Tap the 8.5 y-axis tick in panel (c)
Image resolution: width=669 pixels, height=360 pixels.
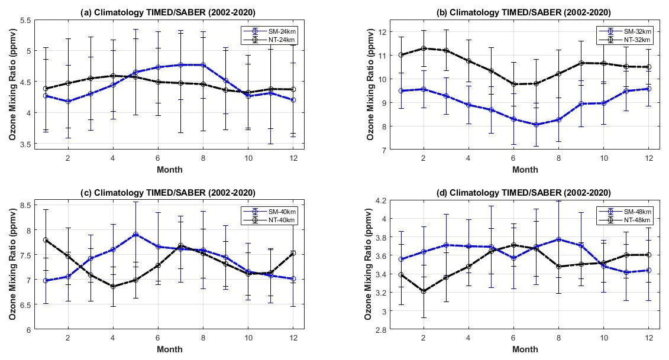point(25,205)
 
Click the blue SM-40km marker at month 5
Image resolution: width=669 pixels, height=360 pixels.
point(135,235)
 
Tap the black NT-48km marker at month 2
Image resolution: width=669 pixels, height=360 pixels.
point(422,291)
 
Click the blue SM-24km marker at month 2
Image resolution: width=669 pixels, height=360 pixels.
point(68,101)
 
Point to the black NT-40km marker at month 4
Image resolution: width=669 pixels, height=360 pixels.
point(113,286)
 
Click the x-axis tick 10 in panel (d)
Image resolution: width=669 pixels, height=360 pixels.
point(603,338)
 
